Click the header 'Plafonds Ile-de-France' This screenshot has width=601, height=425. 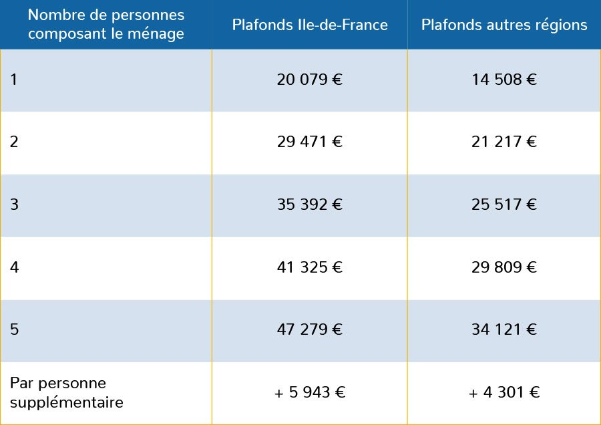[310, 25]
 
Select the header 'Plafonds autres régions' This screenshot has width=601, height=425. [504, 25]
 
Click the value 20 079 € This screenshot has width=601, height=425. [310, 80]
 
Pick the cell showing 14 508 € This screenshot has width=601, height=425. [504, 80]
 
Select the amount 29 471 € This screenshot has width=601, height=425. [310, 142]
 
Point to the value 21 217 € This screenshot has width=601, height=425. [504, 142]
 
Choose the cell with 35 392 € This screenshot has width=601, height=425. [310, 205]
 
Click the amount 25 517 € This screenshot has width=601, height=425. [504, 205]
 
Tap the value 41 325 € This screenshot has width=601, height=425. [310, 268]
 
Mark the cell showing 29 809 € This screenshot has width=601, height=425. [504, 268]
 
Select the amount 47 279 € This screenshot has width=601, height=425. [310, 330]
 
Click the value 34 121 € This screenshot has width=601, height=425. [504, 330]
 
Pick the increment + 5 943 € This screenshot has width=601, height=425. [310, 393]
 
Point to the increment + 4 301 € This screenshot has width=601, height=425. [504, 393]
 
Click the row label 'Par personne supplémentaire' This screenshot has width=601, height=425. [66, 393]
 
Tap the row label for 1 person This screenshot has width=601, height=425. [14, 80]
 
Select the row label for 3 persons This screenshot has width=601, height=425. [14, 205]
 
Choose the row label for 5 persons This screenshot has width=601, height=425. [14, 330]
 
